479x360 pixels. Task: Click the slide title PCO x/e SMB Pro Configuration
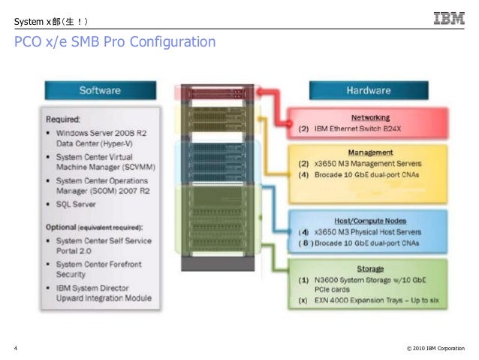[x=115, y=42]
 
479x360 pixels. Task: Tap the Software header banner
[x=100, y=91]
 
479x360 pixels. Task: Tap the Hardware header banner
[x=367, y=91]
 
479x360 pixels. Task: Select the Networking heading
[x=371, y=118]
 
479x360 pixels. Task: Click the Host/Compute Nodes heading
[x=371, y=221]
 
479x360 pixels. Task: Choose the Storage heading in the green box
[x=371, y=268]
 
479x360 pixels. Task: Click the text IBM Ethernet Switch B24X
[x=360, y=129]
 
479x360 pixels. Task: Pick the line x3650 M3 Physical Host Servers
[x=369, y=231]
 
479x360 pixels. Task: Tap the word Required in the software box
[x=65, y=119]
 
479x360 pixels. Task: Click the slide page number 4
[x=16, y=348]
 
